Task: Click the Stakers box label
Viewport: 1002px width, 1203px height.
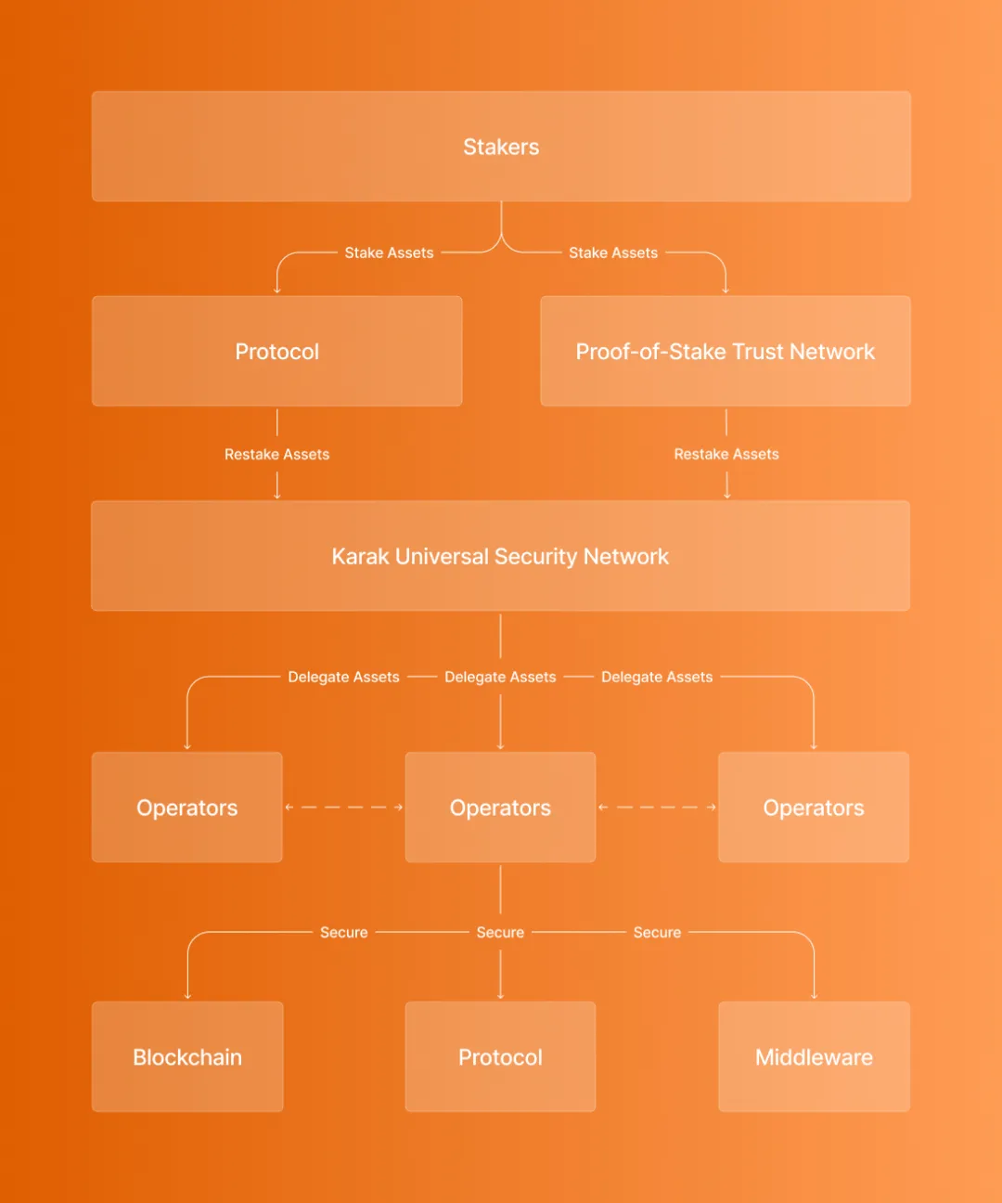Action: [x=501, y=147]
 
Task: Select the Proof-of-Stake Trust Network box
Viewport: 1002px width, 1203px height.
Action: [x=725, y=351]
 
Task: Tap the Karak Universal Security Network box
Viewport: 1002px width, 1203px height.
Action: [x=500, y=555]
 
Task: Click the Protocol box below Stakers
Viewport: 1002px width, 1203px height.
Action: [x=277, y=351]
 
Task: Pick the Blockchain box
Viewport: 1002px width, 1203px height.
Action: [x=187, y=1056]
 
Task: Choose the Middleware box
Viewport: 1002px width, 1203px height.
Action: [x=815, y=1056]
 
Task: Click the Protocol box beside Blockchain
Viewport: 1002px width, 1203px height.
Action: [x=500, y=1056]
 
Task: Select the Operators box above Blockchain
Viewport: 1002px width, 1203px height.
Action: [x=187, y=808]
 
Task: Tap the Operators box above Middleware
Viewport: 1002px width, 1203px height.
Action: [x=814, y=808]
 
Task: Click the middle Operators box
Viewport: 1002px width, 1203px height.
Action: [x=500, y=808]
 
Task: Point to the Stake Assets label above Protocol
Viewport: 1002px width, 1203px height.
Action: [x=390, y=252]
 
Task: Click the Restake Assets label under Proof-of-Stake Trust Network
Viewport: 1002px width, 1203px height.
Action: [x=726, y=454]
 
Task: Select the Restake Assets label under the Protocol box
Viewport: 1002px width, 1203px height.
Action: [x=277, y=454]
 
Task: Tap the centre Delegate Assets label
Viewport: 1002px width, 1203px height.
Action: [x=500, y=677]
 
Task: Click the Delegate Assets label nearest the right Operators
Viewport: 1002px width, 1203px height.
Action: [x=657, y=677]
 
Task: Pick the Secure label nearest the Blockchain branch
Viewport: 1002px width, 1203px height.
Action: [x=344, y=932]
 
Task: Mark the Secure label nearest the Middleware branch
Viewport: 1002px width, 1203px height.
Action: [x=657, y=932]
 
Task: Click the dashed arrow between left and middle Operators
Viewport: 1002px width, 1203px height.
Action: [x=344, y=808]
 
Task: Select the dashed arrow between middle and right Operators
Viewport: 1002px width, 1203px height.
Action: [x=657, y=808]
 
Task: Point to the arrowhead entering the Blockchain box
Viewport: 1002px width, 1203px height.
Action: [x=187, y=997]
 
